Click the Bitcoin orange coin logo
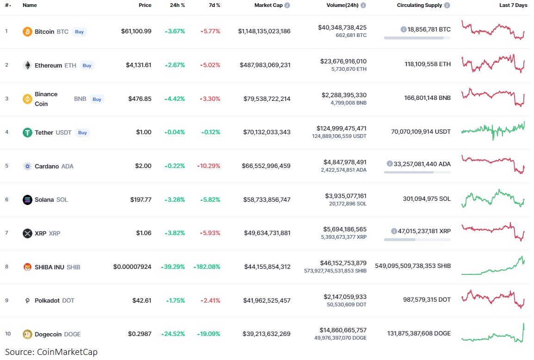coord(28,31)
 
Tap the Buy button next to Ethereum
coord(87,65)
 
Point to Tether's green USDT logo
coord(28,132)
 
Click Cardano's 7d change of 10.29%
coord(209,166)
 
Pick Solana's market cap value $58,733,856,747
coord(267,199)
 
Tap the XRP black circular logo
coord(28,233)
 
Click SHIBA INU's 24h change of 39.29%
coord(173,267)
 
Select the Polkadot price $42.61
coord(142,300)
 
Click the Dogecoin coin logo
coord(28,334)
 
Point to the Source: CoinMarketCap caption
coord(51,352)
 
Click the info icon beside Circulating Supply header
coord(447,5)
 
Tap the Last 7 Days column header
coord(513,5)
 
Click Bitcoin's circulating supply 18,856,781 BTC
coord(428,29)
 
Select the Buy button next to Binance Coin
coord(97,99)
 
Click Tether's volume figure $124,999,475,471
coord(342,128)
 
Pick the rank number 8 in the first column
coord(6,267)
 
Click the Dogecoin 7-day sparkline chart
coord(493,333)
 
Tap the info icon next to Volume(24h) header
coord(363,5)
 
